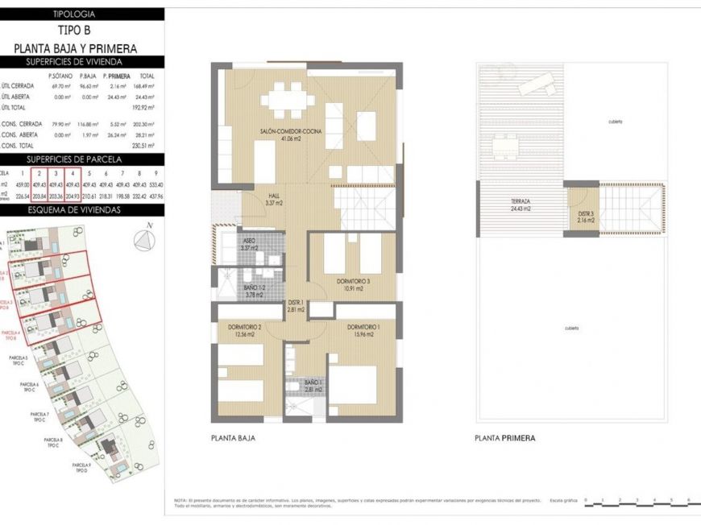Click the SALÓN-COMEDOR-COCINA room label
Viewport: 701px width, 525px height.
tap(281, 134)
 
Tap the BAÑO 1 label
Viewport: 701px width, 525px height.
tap(313, 386)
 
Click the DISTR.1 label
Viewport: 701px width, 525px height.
tap(296, 306)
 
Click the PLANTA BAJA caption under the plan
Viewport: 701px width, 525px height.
tap(233, 439)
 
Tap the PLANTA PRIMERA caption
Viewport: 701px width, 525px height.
tap(505, 439)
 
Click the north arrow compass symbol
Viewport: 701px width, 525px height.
tap(143, 238)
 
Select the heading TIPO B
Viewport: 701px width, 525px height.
tap(82, 31)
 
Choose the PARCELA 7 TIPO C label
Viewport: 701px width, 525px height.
tap(39, 416)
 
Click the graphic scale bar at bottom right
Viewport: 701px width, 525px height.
tap(637, 504)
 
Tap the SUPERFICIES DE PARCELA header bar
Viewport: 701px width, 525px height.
tap(82, 159)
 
